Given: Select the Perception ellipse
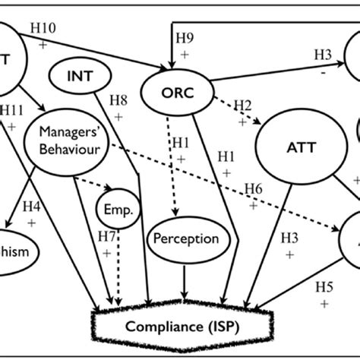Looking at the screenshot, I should point(185,238).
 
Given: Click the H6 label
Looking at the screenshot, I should point(254,188).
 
